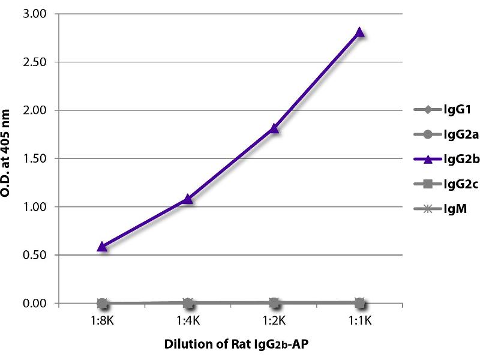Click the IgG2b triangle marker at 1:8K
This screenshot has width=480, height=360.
[x=102, y=246]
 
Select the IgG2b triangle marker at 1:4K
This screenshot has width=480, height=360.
[x=188, y=199]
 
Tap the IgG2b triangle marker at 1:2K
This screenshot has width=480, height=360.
[x=274, y=128]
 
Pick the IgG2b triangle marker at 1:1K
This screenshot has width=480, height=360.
[x=360, y=32]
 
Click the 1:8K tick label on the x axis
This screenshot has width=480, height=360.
[x=102, y=320]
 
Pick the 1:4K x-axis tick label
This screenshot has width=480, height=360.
[x=188, y=320]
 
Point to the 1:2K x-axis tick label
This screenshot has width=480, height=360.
[x=274, y=320]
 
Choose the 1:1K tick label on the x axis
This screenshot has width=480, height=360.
[x=360, y=320]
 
